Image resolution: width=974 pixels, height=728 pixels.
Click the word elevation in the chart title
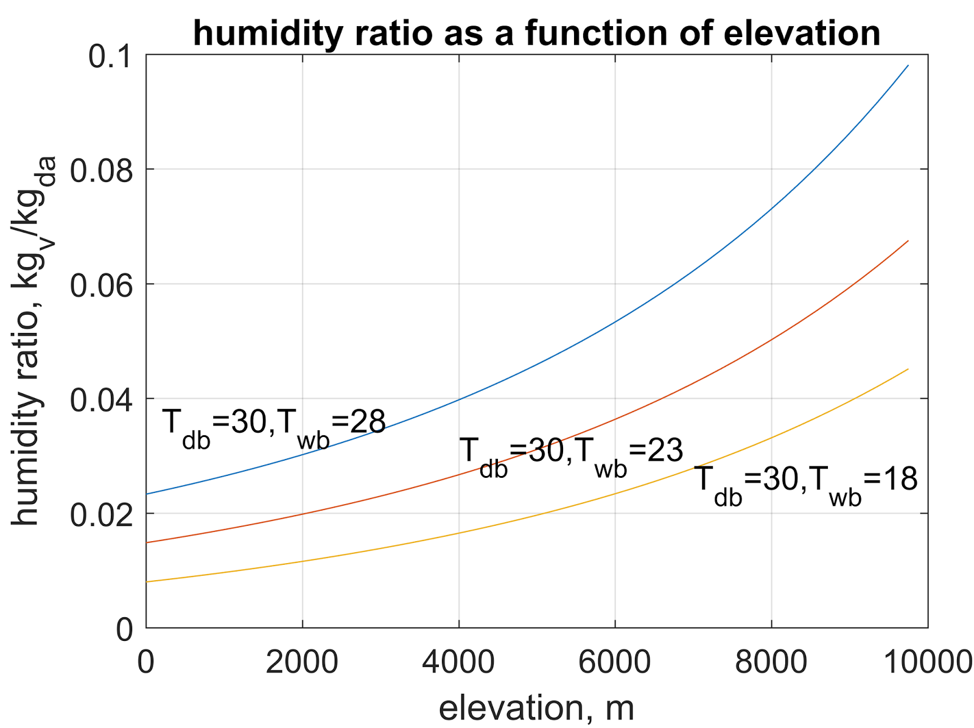(x=802, y=33)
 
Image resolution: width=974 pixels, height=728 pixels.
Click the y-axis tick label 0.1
(x=110, y=57)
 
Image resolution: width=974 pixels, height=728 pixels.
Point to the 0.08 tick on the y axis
(x=102, y=171)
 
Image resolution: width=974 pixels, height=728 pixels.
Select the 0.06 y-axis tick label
(x=102, y=285)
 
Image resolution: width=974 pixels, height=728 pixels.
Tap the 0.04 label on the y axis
(x=102, y=401)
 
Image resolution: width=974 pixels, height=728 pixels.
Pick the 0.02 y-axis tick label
(x=102, y=515)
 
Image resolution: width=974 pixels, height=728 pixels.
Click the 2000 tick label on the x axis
(x=302, y=662)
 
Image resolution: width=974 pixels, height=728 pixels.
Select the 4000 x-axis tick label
(x=458, y=662)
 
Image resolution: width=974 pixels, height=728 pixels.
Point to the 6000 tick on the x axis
(x=615, y=662)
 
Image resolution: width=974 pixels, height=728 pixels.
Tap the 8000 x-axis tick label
(x=771, y=662)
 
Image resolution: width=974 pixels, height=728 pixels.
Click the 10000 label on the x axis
(x=927, y=662)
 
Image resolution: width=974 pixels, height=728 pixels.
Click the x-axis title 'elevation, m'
(x=536, y=708)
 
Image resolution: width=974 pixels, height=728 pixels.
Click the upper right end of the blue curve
(x=908, y=66)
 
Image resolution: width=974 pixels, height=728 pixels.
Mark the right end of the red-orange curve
(x=908, y=241)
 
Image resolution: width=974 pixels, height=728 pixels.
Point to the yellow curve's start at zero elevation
(x=147, y=582)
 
